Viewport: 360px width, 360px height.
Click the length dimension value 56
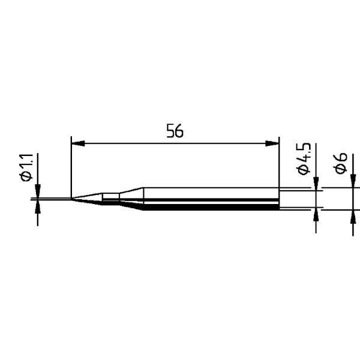[175, 131]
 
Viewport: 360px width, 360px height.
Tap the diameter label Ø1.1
[26, 167]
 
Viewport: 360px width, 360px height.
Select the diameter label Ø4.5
[304, 159]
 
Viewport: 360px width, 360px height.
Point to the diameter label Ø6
[340, 163]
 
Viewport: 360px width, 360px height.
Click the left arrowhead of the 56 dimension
[78, 143]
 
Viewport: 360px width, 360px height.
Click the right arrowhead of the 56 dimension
[272, 143]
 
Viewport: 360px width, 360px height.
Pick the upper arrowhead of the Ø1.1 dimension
[38, 191]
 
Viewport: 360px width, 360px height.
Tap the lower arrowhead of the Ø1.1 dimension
[38, 206]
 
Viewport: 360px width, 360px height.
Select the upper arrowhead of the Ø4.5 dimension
[316, 184]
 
